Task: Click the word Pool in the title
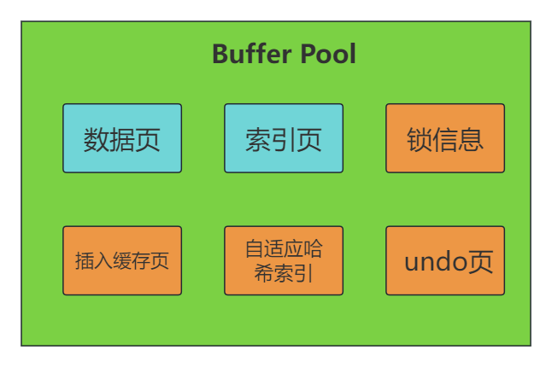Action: click(328, 54)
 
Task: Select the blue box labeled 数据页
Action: click(122, 138)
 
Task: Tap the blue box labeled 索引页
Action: click(284, 138)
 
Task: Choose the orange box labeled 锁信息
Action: click(445, 138)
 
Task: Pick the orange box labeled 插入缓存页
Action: click(122, 260)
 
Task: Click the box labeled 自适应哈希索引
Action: click(284, 260)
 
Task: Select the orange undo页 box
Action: click(445, 260)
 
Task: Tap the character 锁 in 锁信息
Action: click(420, 139)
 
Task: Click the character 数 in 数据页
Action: click(97, 139)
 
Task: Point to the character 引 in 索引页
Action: click(284, 139)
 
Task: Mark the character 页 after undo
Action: click(479, 261)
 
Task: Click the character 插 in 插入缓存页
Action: click(85, 261)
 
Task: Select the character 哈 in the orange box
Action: click(312, 248)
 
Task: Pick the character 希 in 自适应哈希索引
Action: click(264, 273)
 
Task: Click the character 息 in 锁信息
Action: click(471, 139)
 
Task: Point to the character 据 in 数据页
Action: click(122, 139)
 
